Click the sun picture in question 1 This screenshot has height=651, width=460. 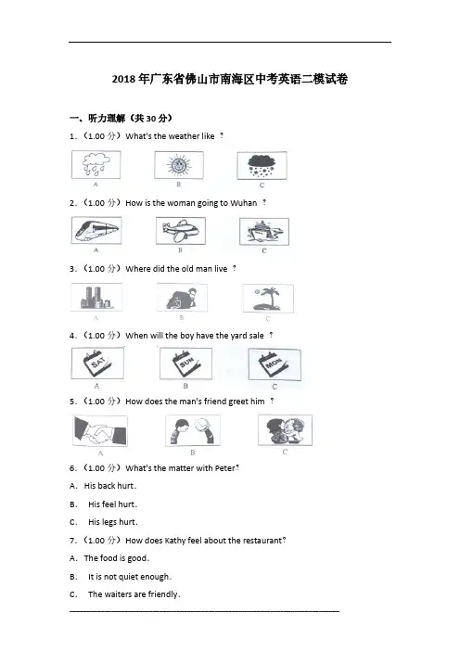[x=179, y=165]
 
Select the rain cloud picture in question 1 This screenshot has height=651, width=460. [x=96, y=164]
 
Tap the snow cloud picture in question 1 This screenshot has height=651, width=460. [x=262, y=165]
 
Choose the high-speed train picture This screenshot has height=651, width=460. [x=96, y=230]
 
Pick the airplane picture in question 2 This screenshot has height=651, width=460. [x=181, y=231]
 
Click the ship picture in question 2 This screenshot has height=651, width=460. [x=264, y=231]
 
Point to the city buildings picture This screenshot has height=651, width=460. [x=96, y=297]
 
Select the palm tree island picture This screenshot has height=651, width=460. [x=268, y=298]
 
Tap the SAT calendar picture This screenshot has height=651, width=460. [x=97, y=363]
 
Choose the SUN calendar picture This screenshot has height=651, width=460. [x=185, y=364]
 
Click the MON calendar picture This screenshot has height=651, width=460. [x=275, y=364]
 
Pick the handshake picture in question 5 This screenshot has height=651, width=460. [x=100, y=430]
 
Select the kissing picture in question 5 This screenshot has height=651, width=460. [x=285, y=429]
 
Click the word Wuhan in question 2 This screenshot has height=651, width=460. [x=244, y=203]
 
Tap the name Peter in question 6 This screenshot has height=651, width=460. [x=224, y=468]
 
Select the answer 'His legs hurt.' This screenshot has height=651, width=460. [x=113, y=522]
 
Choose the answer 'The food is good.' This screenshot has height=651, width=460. [x=117, y=558]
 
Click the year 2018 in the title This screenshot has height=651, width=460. [x=123, y=80]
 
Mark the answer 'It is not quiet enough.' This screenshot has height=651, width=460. [x=130, y=577]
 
